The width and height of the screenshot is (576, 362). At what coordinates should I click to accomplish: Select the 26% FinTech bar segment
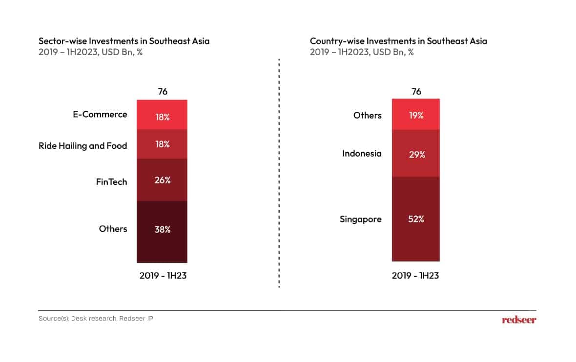162,180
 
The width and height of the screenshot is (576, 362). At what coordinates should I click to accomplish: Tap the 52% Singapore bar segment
416,219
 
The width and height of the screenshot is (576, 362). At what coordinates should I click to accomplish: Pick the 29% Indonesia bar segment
416,153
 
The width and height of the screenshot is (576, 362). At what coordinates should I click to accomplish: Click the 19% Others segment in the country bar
416,115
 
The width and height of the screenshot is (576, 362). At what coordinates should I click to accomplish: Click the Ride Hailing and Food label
83,145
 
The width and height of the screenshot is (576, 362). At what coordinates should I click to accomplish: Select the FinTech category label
111,182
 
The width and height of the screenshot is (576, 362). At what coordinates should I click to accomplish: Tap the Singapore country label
361,219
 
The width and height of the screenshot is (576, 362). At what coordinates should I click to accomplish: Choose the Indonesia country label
362,154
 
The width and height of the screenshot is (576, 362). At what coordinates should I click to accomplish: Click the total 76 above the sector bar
162,92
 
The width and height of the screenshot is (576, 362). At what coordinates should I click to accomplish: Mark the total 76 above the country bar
416,92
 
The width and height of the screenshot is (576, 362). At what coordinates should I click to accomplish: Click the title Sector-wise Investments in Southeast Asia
124,41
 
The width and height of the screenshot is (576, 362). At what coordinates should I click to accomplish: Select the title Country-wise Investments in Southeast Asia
398,41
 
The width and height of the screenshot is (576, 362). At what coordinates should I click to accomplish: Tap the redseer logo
519,320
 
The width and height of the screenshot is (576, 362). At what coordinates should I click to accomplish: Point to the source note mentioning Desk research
99,319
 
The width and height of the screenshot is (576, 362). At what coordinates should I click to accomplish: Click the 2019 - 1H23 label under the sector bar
163,275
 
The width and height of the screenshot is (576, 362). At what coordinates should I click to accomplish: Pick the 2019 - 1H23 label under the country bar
415,275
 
